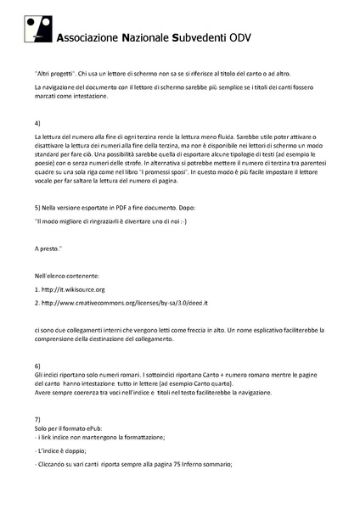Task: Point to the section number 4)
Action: coord(38,124)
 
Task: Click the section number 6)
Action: coord(38,364)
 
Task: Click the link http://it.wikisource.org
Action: coord(77,290)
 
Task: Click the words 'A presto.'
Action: coord(48,249)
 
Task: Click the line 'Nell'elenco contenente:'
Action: coord(67,277)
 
